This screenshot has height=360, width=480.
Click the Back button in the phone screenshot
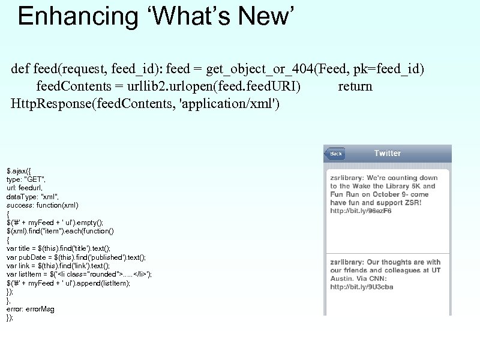[335, 154]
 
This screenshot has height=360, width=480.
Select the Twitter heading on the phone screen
[387, 153]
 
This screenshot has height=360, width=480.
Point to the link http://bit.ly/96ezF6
[361, 211]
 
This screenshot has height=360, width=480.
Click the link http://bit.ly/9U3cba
[362, 287]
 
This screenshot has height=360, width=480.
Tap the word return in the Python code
[355, 86]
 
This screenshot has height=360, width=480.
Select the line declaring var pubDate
[76, 257]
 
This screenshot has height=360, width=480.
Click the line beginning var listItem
[79, 274]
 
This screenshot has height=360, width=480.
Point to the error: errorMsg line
[30, 309]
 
